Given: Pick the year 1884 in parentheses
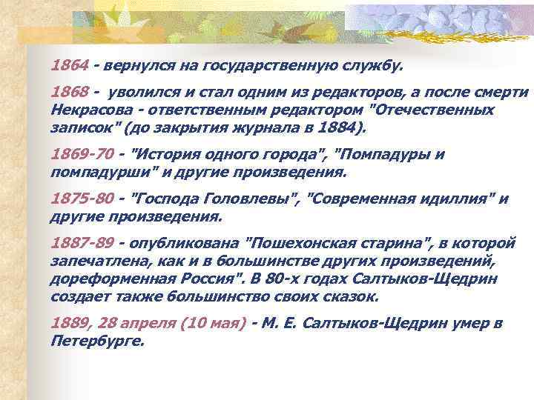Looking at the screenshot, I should (340, 127).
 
